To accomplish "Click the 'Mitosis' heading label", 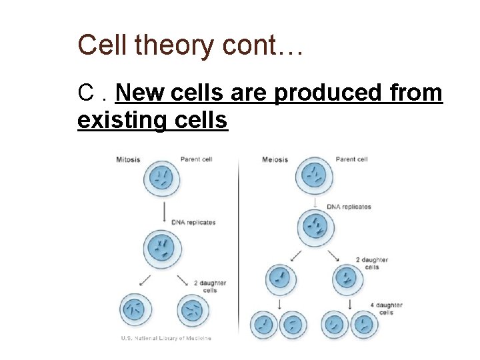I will click(129, 159).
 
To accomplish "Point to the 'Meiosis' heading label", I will click(275, 159).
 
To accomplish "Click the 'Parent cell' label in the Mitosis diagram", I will click(196, 159).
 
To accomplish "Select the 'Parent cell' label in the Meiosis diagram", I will click(351, 159).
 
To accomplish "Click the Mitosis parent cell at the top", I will click(163, 179).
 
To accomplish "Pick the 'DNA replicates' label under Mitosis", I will click(193, 222).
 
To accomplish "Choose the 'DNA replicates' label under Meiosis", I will click(349, 207).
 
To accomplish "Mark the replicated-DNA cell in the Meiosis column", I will click(313, 227).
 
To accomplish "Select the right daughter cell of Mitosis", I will click(193, 310).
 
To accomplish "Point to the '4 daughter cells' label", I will click(386, 309).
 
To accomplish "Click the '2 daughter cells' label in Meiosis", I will click(371, 263).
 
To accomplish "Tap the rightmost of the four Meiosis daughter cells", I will click(363, 326).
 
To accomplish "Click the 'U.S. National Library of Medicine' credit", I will click(166, 338).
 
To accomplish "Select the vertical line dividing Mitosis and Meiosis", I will click(238, 247).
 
